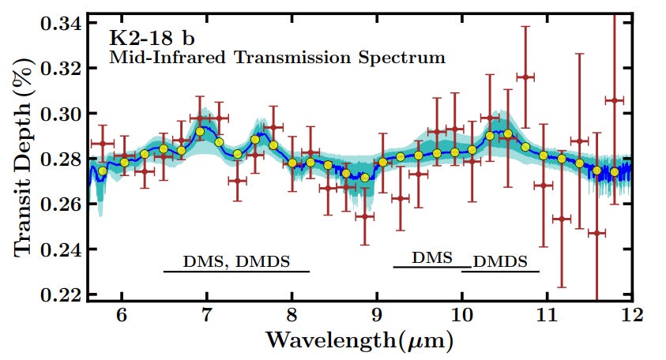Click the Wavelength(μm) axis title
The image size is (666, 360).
tap(360, 341)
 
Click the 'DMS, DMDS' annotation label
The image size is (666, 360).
tap(237, 261)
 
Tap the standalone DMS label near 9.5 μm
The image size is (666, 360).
tap(431, 258)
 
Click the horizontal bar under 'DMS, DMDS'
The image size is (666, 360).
tap(237, 272)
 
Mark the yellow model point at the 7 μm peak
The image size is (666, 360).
tap(200, 132)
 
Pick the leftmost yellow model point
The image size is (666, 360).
tap(103, 171)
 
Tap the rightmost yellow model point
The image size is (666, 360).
tap(614, 171)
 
